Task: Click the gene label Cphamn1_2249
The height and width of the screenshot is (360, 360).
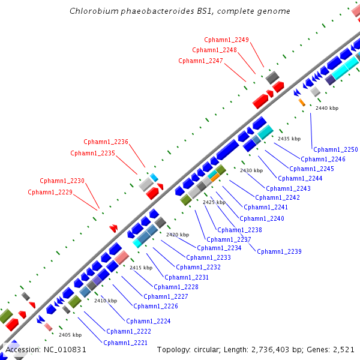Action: point(226,40)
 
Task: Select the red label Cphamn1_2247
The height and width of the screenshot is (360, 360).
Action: point(200,61)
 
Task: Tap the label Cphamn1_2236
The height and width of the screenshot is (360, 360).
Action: point(106,142)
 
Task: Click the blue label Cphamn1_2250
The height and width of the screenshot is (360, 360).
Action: point(335,149)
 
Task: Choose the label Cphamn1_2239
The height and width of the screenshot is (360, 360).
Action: point(279,251)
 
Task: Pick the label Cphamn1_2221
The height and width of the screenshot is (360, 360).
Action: point(125,343)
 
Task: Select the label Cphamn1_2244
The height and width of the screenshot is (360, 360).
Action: point(300,178)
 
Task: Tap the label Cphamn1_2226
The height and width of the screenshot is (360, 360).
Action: point(161,306)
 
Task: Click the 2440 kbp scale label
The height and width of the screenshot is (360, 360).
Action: point(327,108)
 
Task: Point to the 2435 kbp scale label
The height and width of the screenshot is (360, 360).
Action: point(289,139)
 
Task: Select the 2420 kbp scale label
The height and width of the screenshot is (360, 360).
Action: point(178,234)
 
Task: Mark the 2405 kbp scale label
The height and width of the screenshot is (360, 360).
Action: point(70,334)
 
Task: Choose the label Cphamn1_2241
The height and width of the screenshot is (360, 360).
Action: point(266,207)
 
